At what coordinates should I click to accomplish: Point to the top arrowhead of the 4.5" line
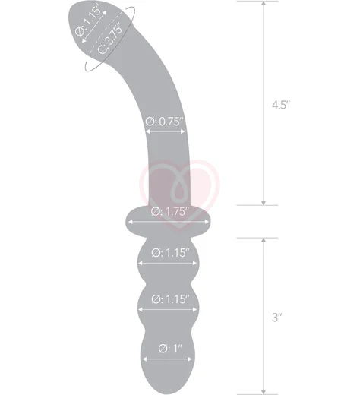pyautogui.click(x=264, y=5)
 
